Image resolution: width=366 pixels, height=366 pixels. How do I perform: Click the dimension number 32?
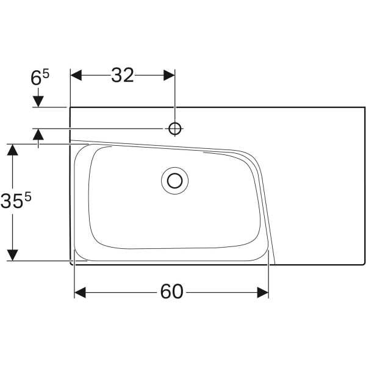coord(123,75)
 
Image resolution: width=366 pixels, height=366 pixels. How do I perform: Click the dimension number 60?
coord(171,293)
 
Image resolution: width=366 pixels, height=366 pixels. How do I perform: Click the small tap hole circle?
coord(175,128)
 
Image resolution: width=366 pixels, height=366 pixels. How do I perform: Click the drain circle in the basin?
coord(175,180)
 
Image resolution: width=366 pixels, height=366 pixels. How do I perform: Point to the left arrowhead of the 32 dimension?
coord(76,75)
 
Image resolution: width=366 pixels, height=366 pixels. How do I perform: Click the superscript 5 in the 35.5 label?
coord(27,196)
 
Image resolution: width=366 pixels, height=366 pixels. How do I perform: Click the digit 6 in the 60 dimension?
coord(165,293)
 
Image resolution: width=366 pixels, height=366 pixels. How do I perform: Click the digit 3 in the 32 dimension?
coord(117,75)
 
